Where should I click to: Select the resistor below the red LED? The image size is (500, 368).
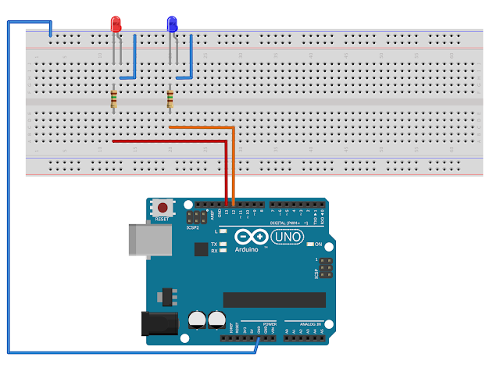point(115,99)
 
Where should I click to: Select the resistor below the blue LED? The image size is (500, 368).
point(170,99)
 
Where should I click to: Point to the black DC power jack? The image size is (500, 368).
point(156,325)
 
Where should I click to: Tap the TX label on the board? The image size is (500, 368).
point(213,245)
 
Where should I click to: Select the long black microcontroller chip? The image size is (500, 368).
point(273,300)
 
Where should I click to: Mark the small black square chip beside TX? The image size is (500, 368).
point(201,248)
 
